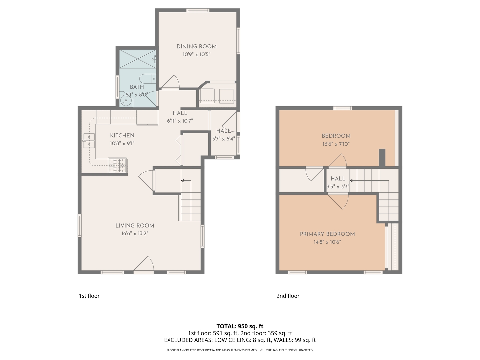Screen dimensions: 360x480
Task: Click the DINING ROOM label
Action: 196,46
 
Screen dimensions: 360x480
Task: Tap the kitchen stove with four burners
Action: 117,165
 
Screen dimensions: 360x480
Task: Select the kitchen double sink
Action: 89,140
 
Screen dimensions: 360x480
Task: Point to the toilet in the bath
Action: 147,79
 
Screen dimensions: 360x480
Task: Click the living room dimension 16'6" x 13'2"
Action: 135,233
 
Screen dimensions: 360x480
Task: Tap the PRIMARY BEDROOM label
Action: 327,234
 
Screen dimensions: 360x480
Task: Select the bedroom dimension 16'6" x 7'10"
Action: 336,144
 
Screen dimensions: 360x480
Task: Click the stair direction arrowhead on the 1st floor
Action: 183,181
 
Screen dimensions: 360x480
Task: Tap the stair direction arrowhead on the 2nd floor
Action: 351,181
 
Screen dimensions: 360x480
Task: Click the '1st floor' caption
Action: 89,296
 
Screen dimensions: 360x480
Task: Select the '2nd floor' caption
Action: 288,296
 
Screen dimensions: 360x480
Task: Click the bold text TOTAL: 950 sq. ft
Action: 240,326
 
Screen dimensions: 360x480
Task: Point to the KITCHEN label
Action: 122,135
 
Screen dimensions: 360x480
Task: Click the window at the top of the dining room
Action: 198,10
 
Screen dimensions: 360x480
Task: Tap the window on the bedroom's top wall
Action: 343,108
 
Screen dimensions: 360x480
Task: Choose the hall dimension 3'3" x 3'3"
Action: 337,187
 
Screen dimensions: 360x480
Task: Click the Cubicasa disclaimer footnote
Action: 240,350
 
